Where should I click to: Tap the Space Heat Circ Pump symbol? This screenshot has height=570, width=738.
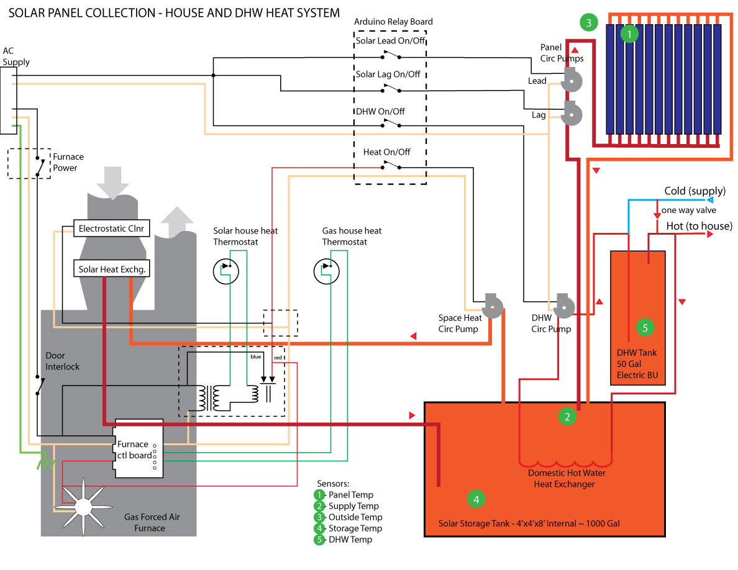tap(493, 305)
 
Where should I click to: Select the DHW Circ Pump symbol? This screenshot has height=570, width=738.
tap(564, 305)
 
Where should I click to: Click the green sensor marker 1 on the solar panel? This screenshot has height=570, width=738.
tap(630, 34)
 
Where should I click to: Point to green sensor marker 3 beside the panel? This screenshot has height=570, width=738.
tap(588, 23)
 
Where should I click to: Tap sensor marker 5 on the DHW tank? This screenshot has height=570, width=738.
tap(645, 327)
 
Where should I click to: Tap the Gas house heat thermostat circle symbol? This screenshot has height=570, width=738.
tap(326, 271)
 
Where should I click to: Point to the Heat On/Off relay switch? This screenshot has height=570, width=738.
tap(391, 165)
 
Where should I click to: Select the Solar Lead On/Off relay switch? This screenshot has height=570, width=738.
tap(391, 57)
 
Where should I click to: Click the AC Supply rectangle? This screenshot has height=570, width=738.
tap(8, 101)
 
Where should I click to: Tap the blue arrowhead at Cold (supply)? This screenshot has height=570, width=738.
tap(710, 201)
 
